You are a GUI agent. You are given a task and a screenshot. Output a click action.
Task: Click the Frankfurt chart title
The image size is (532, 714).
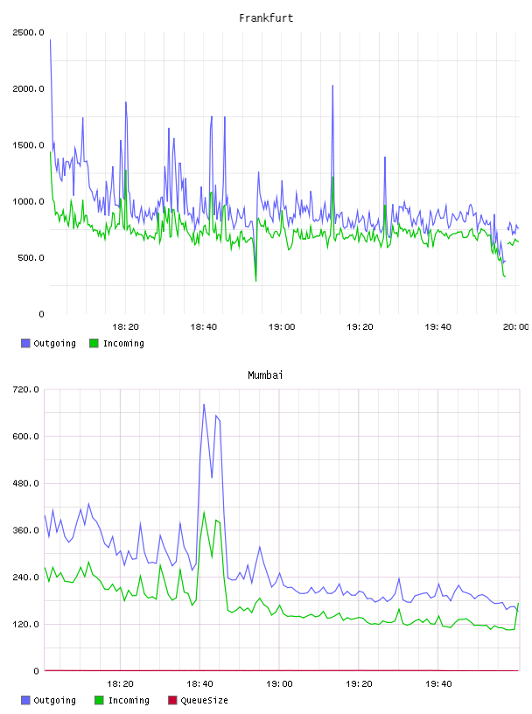click(x=266, y=18)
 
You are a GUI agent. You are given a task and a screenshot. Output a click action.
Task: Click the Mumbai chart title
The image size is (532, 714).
click(x=265, y=374)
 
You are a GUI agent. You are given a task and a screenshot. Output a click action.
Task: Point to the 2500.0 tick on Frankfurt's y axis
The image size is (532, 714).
click(x=28, y=32)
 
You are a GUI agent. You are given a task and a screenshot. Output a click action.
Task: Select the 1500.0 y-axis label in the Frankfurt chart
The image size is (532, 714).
click(x=28, y=145)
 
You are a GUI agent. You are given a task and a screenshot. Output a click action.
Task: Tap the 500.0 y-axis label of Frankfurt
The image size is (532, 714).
click(x=31, y=258)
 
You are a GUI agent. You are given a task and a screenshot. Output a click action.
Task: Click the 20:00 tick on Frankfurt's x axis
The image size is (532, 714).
click(x=515, y=327)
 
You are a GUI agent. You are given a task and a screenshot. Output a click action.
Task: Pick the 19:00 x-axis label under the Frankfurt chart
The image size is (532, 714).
click(x=282, y=327)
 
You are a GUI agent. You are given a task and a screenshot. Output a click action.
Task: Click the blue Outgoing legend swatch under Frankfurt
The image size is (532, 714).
click(x=25, y=343)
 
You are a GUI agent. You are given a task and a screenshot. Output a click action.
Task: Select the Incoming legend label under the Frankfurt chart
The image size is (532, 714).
click(x=123, y=343)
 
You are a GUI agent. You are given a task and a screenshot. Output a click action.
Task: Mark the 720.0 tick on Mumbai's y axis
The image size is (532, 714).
click(x=26, y=389)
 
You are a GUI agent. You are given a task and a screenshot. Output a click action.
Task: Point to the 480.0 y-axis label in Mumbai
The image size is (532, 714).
click(x=26, y=483)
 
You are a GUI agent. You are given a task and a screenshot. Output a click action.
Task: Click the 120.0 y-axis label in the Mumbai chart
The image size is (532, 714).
click(x=26, y=624)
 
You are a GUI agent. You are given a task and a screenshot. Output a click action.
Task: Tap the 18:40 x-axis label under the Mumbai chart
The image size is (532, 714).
click(x=200, y=684)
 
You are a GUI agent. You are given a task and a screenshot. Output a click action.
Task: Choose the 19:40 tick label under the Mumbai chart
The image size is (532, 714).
click(x=438, y=684)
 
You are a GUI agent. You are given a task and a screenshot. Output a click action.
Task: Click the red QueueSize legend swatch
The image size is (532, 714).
click(x=172, y=700)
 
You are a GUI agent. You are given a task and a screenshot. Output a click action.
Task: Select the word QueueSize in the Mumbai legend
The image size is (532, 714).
click(x=204, y=700)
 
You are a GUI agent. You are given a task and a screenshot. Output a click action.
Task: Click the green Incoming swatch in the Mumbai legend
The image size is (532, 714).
click(x=99, y=700)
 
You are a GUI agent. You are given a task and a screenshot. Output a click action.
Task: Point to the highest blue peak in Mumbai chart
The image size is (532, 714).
click(x=204, y=404)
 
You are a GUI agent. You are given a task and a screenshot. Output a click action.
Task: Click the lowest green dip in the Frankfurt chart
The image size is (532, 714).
click(x=256, y=281)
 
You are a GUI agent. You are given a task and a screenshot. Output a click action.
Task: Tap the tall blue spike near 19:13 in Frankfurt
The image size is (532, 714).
click(x=333, y=86)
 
